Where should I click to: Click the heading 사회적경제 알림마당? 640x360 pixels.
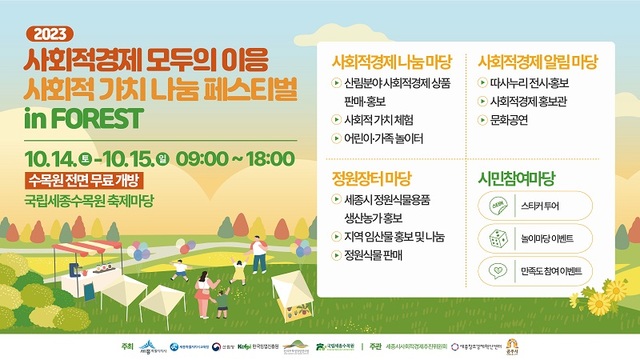pyautogui.click(x=538, y=60)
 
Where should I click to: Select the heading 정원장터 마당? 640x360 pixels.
pyautogui.click(x=371, y=177)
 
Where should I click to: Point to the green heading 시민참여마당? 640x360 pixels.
pyautogui.click(x=516, y=177)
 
